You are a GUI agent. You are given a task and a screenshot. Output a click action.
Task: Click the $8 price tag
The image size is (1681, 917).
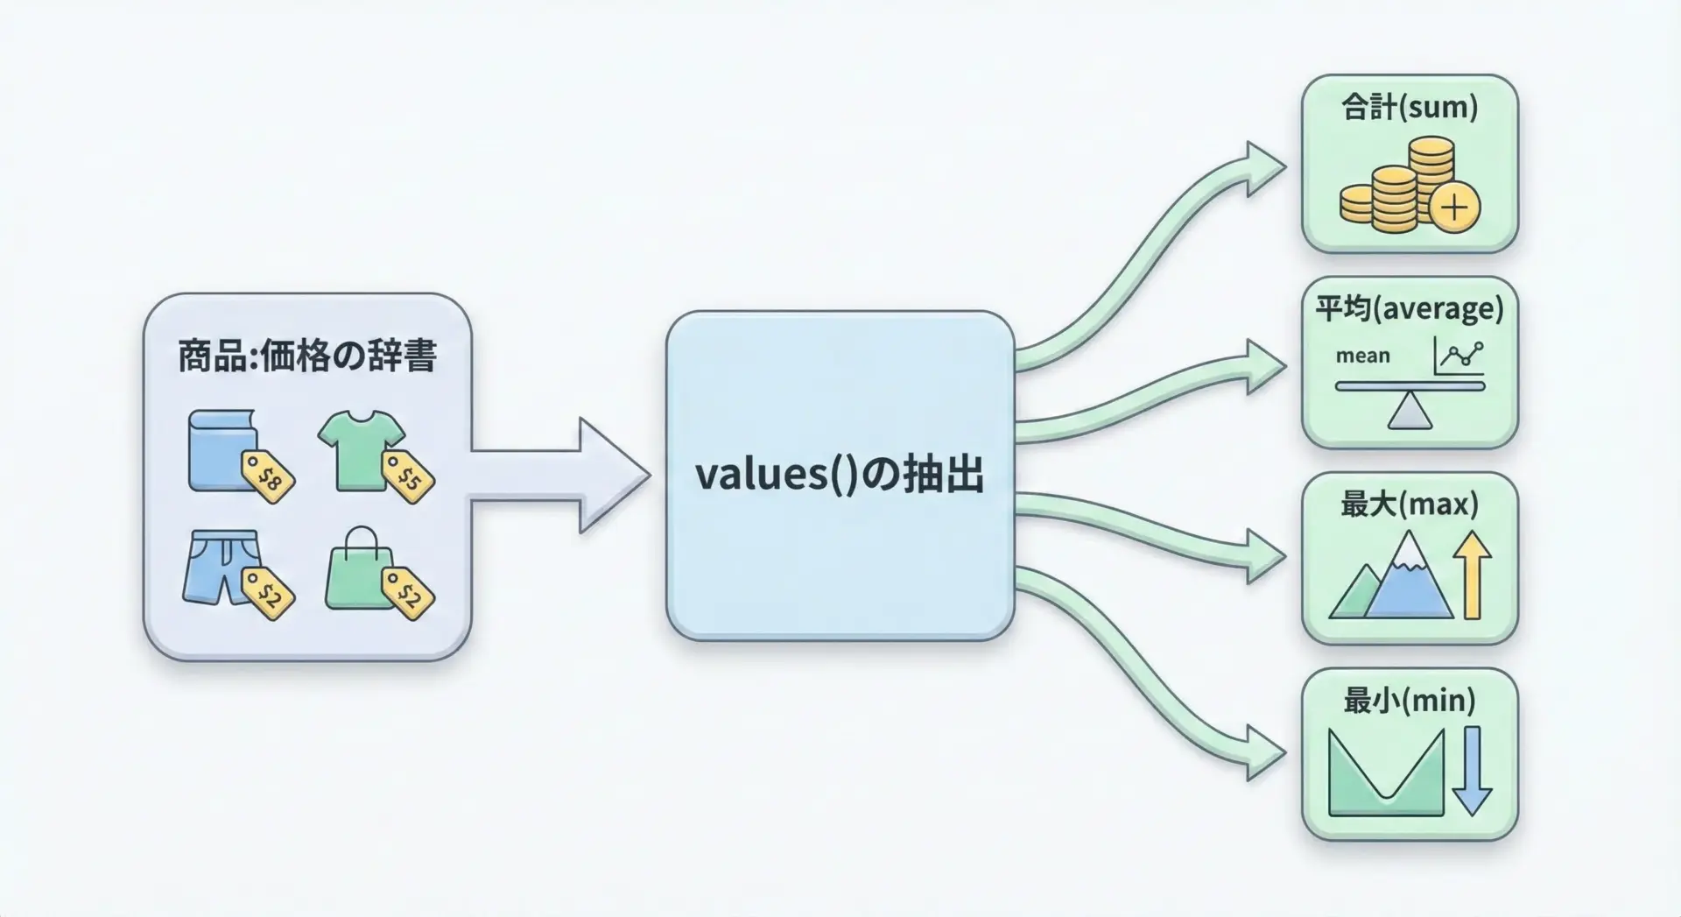point(268,477)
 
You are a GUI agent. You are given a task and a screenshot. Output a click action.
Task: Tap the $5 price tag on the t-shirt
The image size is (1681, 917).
point(408,477)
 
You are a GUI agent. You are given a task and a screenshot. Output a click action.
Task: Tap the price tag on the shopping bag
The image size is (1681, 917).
point(408,594)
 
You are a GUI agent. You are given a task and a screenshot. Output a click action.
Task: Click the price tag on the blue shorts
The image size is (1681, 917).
point(268,594)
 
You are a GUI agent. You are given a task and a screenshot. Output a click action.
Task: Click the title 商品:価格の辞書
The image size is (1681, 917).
point(307,356)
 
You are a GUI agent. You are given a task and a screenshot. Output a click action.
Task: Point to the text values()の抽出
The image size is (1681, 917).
point(839,474)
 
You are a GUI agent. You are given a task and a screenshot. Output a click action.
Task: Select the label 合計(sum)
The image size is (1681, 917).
point(1409,107)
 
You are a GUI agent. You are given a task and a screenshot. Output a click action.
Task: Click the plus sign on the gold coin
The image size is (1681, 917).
point(1454,208)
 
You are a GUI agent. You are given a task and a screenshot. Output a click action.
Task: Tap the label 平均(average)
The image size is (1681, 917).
point(1409,308)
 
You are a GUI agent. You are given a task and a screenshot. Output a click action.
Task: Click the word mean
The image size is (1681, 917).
point(1362,356)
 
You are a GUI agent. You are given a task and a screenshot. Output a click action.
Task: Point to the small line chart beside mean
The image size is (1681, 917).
point(1459,356)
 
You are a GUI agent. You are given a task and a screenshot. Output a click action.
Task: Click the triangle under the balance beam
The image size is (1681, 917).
point(1410,411)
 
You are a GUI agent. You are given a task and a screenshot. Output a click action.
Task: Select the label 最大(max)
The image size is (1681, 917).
point(1409,504)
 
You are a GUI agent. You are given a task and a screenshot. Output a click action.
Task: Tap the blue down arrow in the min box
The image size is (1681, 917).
point(1472,771)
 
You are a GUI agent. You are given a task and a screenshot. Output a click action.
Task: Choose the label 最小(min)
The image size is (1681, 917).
point(1409,700)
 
